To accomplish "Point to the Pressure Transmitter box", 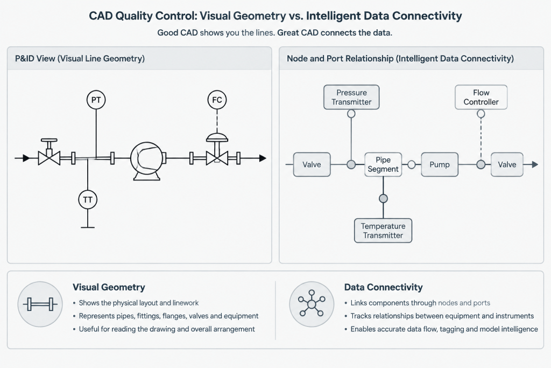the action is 351,97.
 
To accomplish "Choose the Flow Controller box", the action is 481,97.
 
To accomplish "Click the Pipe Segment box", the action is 383,164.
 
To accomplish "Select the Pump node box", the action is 440,164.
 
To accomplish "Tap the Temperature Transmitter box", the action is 383,231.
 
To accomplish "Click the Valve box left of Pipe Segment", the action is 312,164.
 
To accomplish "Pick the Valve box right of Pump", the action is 507,164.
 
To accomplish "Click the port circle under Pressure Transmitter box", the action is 351,114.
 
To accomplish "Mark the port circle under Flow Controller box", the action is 481,114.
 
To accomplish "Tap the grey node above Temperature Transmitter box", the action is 383,198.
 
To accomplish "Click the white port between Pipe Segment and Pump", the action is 412,164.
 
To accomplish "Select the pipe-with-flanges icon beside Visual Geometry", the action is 40,304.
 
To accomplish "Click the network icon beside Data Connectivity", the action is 312,303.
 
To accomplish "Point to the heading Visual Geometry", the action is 109,287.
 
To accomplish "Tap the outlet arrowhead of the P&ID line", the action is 263,158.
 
